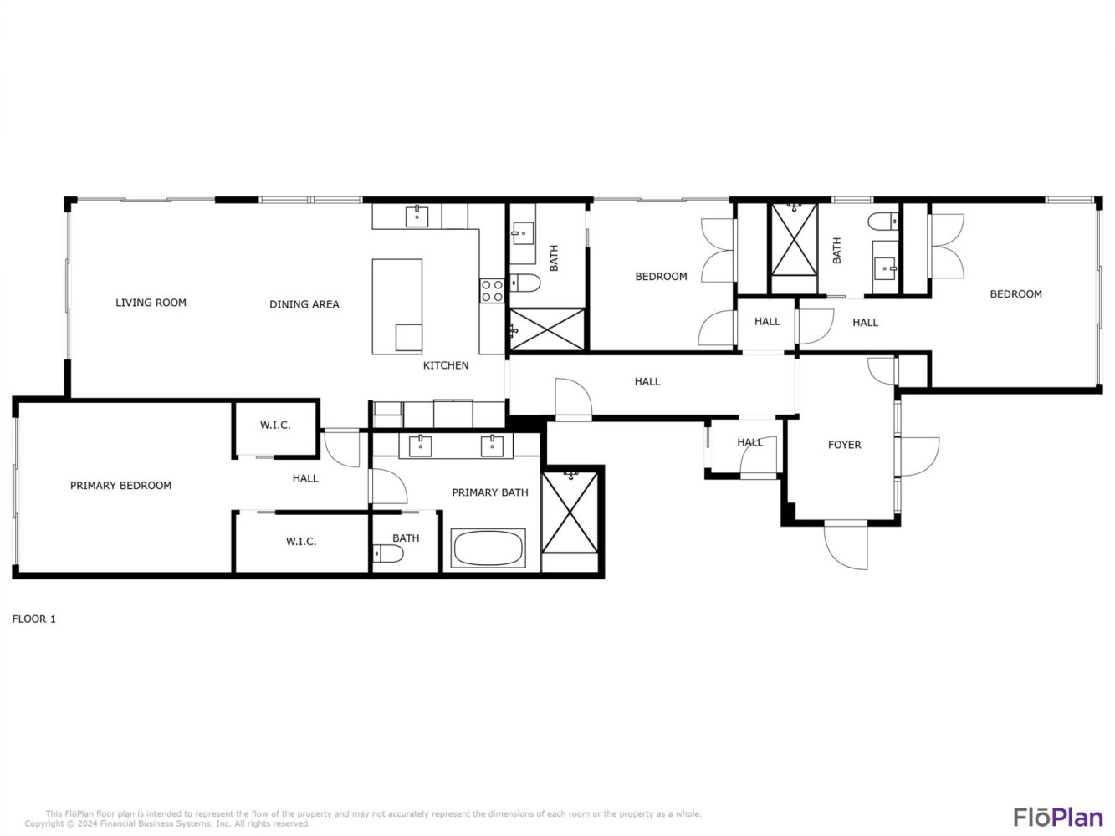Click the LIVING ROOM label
(151, 303)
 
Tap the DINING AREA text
(304, 304)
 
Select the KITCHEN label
(446, 365)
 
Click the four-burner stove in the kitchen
(492, 291)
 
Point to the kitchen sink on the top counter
(417, 217)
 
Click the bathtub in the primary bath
(488, 548)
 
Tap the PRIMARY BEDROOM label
(120, 485)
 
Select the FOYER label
(844, 445)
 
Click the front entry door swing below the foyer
(846, 544)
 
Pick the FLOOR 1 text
(33, 619)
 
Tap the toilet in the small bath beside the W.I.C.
(388, 553)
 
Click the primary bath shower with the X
(570, 512)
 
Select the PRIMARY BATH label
(489, 492)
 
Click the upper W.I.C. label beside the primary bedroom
(275, 426)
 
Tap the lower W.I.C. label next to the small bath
(301, 542)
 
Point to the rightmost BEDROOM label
(1015, 294)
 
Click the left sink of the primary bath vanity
(420, 446)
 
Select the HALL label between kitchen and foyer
(647, 381)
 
